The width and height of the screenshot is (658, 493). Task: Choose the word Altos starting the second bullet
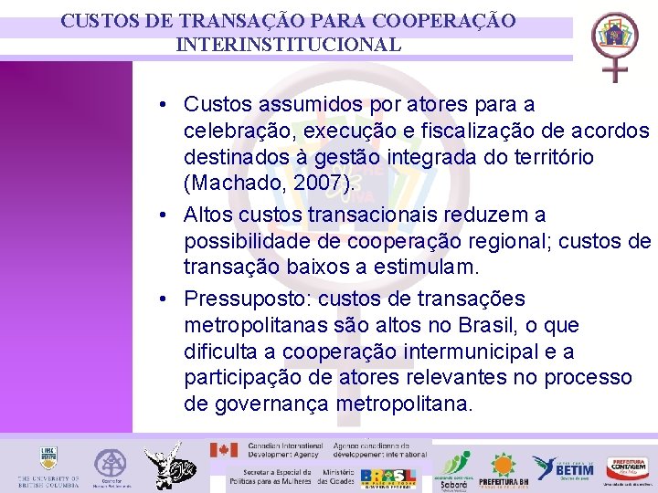(x=208, y=215)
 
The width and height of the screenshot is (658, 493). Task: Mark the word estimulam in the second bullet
(x=429, y=268)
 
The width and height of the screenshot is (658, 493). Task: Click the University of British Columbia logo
(x=48, y=467)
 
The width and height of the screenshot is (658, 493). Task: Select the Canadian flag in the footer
(x=224, y=450)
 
